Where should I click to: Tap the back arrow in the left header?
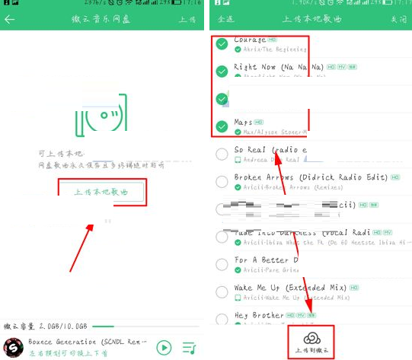10,19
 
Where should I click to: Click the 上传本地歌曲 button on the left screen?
101,192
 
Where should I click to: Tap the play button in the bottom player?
164,347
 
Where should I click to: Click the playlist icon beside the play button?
189,348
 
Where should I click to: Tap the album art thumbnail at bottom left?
13,347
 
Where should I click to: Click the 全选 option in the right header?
225,18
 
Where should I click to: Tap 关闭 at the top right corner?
398,18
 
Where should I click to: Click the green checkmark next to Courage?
222,44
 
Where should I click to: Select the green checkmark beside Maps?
222,126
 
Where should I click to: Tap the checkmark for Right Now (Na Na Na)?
222,72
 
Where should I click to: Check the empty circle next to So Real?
222,155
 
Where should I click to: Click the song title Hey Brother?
258,315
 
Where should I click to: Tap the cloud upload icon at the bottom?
310,337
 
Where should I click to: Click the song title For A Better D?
266,260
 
